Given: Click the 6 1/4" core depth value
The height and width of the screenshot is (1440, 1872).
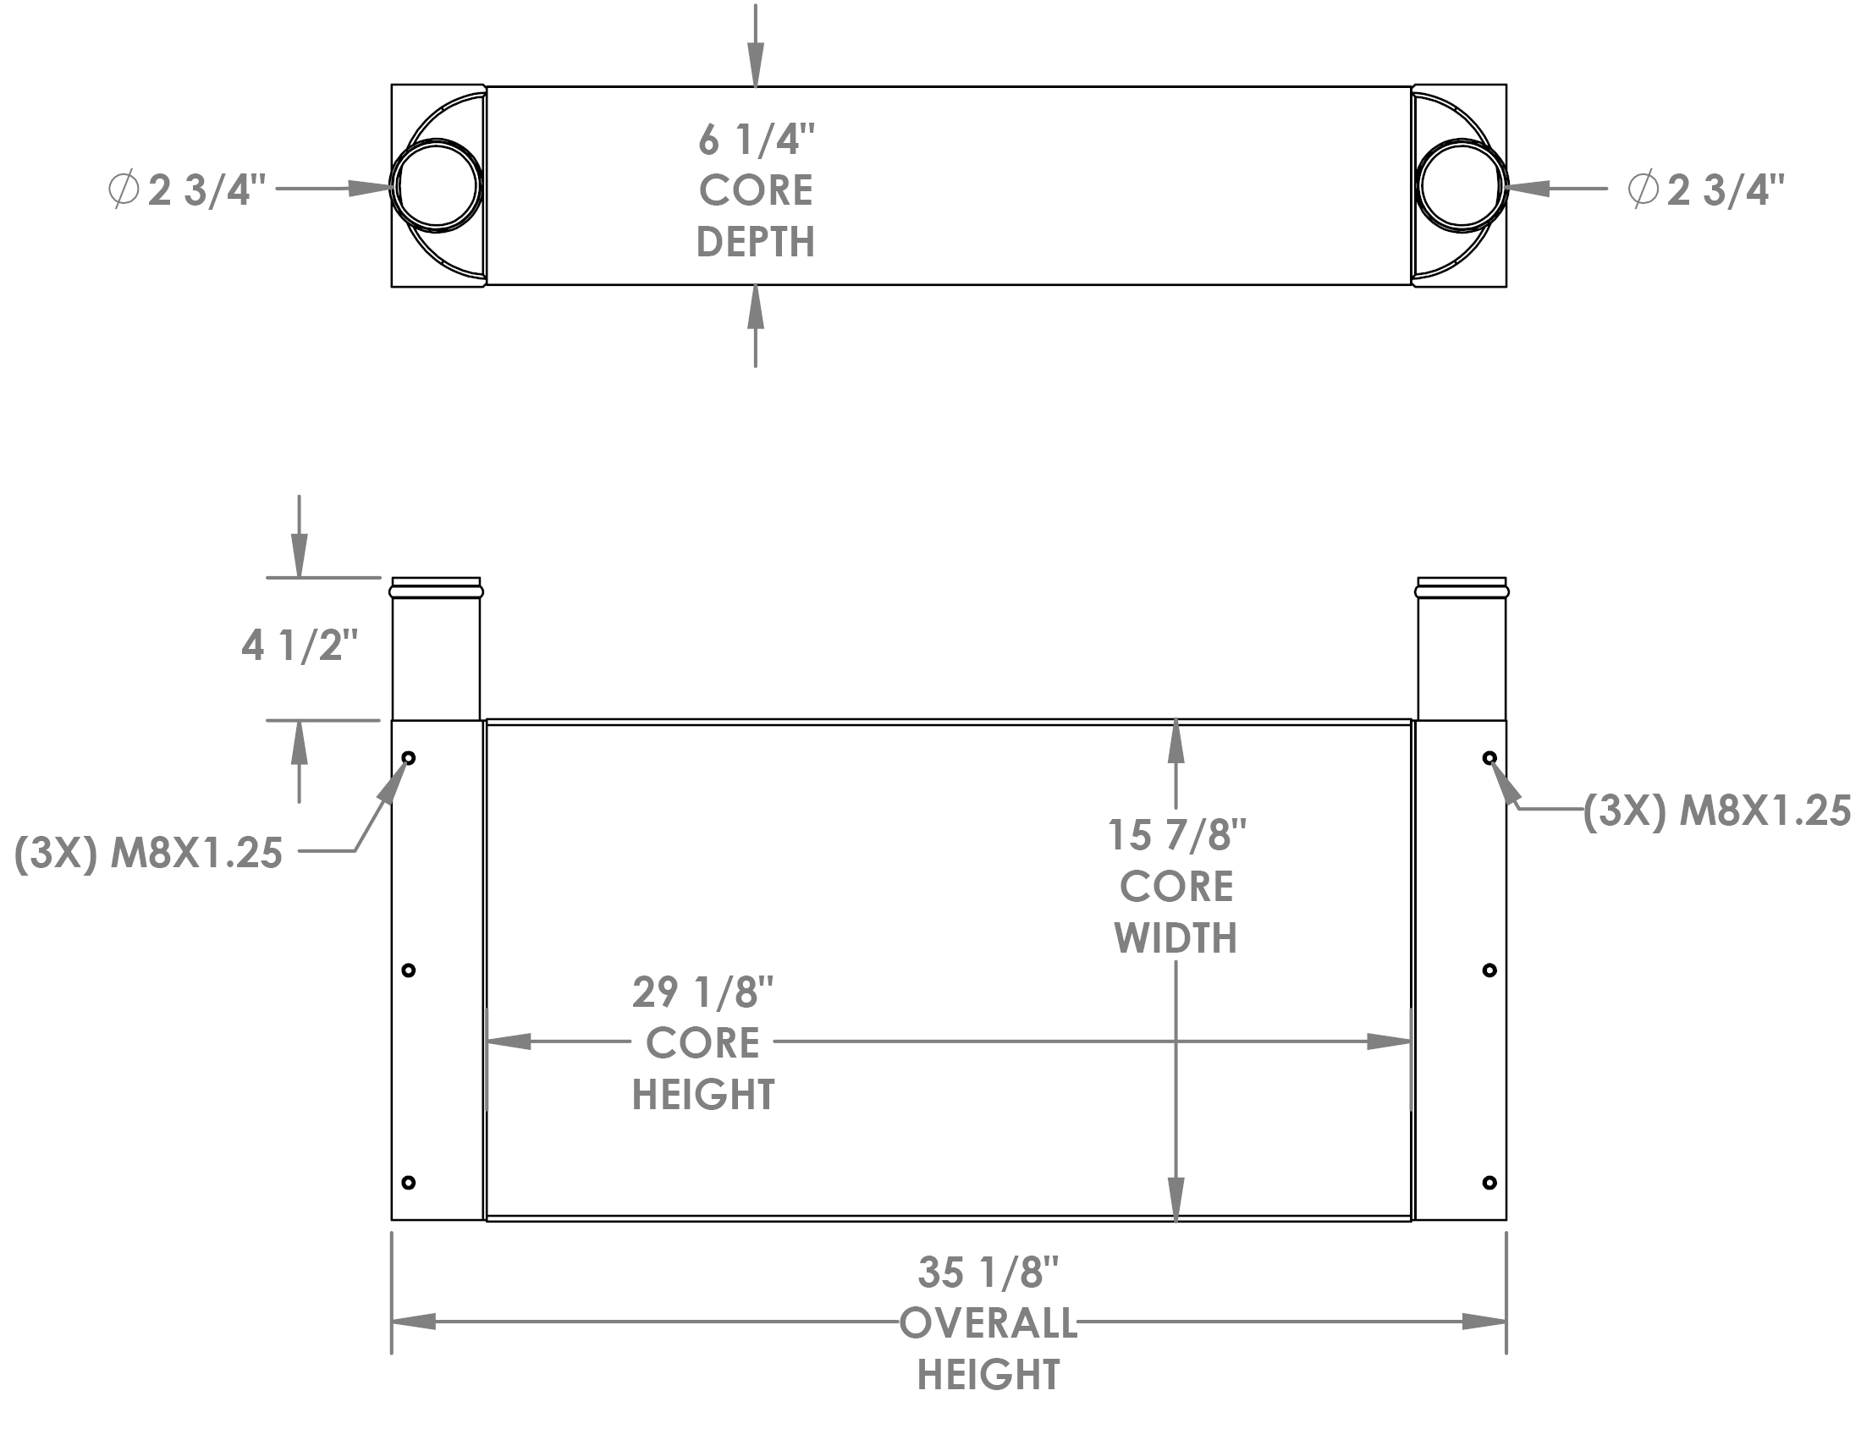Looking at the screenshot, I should tap(755, 140).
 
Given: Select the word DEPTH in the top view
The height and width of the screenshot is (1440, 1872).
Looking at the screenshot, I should tap(755, 242).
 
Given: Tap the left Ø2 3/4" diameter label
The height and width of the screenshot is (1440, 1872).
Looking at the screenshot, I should tap(187, 190).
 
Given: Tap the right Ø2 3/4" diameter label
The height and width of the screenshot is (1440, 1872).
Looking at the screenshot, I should tap(1706, 190).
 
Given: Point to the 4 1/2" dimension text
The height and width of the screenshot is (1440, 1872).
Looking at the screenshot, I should tap(298, 646).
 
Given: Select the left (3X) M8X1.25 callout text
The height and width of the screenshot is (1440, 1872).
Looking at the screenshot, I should tap(148, 853).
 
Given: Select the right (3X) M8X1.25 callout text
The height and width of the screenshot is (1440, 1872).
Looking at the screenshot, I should tap(1716, 811).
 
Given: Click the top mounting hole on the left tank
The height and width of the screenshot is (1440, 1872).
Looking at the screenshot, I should tap(409, 758).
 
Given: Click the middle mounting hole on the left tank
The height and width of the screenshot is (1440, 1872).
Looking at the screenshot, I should tap(409, 970).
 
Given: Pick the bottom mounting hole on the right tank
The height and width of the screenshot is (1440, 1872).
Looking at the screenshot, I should tap(1489, 1183).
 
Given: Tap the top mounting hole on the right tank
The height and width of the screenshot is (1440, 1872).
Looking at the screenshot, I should tap(1489, 758).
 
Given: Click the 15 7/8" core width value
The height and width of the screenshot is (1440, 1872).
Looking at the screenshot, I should tap(1176, 835).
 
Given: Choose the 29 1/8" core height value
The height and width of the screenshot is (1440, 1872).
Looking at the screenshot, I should tap(703, 992).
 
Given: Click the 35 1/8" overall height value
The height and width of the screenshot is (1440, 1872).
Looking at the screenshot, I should tap(988, 1272).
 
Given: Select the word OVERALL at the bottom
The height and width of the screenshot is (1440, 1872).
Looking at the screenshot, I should tap(988, 1324).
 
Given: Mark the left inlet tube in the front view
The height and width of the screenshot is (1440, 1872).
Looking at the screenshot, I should tap(437, 651).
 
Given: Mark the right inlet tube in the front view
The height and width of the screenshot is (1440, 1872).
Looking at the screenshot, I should tap(1462, 651).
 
